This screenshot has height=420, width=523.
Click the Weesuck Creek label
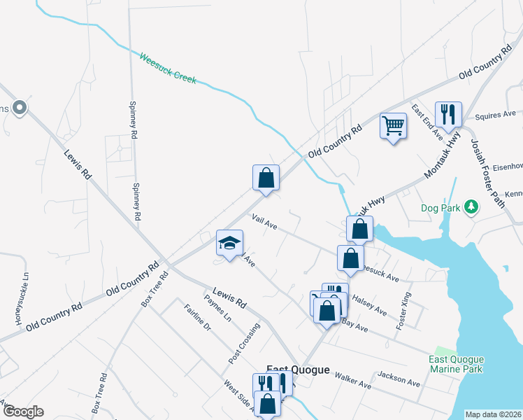(x=168, y=69)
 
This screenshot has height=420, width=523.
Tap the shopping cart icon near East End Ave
(x=394, y=126)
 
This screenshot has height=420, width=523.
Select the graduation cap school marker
(x=229, y=243)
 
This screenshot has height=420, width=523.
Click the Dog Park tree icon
(x=472, y=207)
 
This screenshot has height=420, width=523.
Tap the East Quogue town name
(x=298, y=370)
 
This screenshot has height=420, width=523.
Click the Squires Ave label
(x=494, y=114)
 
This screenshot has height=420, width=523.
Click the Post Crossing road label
(x=244, y=343)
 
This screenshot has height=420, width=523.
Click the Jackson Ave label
(x=399, y=379)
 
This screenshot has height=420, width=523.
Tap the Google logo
(x=22, y=412)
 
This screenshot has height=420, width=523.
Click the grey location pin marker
(x=20, y=108)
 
